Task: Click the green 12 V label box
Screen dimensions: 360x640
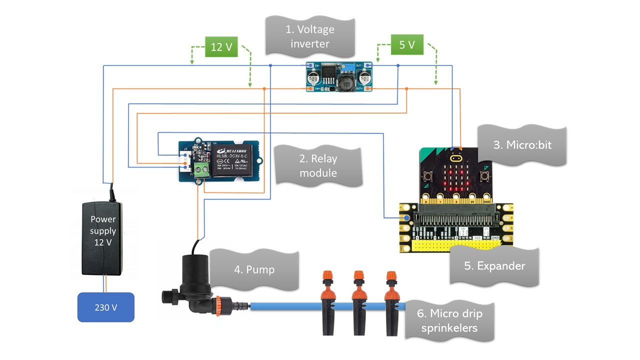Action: pos(221,47)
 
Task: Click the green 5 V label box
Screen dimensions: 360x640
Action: pos(407,44)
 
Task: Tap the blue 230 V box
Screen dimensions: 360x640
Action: pos(105,307)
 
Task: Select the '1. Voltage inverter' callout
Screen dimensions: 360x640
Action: pos(309,36)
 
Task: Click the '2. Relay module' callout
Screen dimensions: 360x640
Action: pos(318,166)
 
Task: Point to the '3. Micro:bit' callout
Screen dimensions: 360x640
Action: pos(522,145)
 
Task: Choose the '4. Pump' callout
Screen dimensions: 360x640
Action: pos(254,269)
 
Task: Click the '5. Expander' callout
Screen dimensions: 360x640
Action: pos(494,265)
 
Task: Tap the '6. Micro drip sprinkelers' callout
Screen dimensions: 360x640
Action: pos(449,320)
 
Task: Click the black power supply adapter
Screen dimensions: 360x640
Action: pos(103,237)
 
